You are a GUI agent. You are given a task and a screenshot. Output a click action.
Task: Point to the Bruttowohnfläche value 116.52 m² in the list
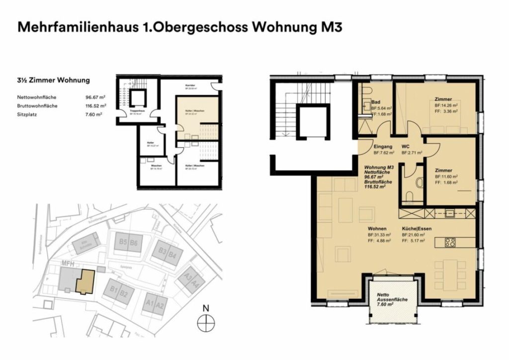pyautogui.click(x=95, y=106)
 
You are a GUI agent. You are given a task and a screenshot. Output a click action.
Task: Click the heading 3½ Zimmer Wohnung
pyautogui.click(x=53, y=80)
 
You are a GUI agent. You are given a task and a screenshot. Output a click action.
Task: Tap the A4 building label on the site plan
pyautogui.click(x=195, y=284)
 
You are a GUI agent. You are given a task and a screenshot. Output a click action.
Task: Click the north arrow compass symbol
pyautogui.click(x=205, y=324)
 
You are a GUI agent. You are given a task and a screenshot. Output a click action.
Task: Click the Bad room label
pyautogui.click(x=376, y=102)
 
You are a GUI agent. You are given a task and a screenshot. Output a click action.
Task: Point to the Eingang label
pyautogui.click(x=383, y=147)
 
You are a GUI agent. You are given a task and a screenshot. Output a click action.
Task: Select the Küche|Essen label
pyautogui.click(x=414, y=228)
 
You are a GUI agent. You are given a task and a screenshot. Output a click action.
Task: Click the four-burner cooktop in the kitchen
pyautogui.click(x=450, y=243)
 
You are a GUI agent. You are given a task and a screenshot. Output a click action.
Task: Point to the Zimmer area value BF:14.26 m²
pyautogui.click(x=446, y=105)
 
